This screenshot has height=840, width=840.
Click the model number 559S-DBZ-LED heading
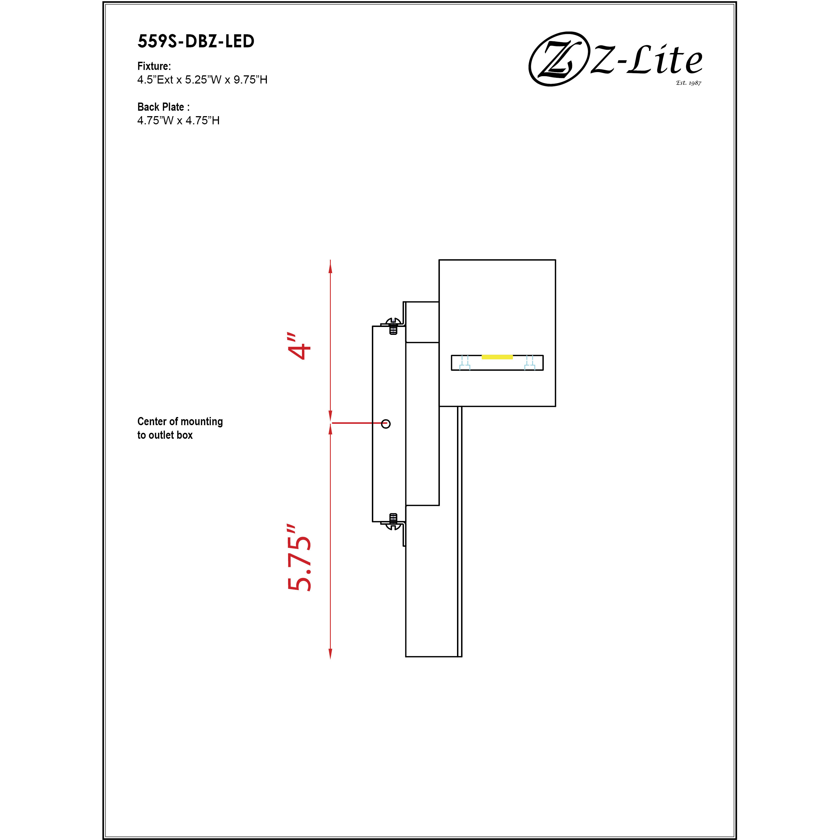(196, 41)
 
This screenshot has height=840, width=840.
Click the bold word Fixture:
(154, 66)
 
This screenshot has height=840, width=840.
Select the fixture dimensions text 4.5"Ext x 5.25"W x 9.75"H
(202, 80)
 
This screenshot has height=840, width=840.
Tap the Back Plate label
(163, 107)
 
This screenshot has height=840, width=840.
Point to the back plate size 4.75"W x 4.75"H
(178, 121)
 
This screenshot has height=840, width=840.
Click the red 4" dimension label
(299, 347)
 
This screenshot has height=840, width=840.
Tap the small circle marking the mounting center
(386, 424)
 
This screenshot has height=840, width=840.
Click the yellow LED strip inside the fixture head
(497, 357)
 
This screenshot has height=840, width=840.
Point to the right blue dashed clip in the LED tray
(530, 363)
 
